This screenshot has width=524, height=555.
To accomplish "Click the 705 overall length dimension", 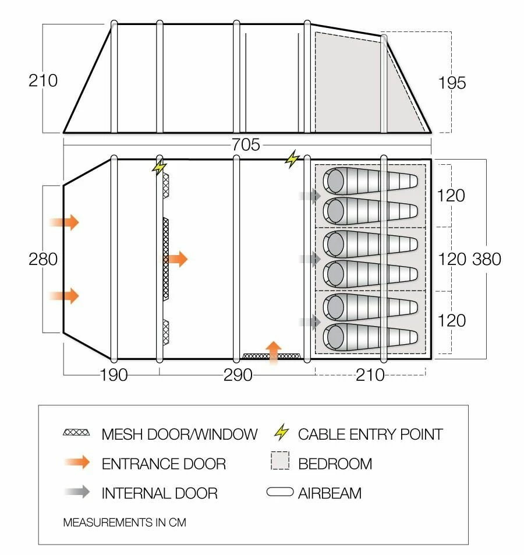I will [x=246, y=144].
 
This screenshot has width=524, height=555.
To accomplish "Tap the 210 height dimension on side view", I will [x=43, y=80].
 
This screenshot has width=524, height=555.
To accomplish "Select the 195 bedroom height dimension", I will [x=452, y=83].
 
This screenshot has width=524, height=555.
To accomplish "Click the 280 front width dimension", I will [x=43, y=259].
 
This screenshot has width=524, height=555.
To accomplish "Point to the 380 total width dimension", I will [x=487, y=259].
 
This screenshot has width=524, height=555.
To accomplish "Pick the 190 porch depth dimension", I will [x=114, y=375].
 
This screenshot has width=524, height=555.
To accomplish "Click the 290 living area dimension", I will [x=238, y=375].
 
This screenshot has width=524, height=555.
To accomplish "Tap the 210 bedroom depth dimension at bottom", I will [x=370, y=375].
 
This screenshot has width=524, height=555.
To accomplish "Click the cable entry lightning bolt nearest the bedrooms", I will [x=291, y=159].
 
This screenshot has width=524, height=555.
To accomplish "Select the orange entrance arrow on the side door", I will [x=273, y=351].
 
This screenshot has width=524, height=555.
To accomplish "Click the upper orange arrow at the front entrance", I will [x=64, y=222].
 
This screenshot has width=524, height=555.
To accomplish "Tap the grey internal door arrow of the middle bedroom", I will [x=310, y=259].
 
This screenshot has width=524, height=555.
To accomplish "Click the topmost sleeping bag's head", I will [x=336, y=181].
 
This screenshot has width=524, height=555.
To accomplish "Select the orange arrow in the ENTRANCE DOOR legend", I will [x=77, y=464].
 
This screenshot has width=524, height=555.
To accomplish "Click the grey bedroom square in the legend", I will [x=280, y=463].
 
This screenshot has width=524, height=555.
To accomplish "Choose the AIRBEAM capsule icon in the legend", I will [x=279, y=493].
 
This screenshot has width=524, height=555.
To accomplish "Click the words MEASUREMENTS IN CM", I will [x=125, y=522].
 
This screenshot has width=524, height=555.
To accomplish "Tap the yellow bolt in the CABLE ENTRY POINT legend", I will [x=281, y=433].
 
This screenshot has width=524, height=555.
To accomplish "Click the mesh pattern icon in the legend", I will [x=77, y=433].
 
